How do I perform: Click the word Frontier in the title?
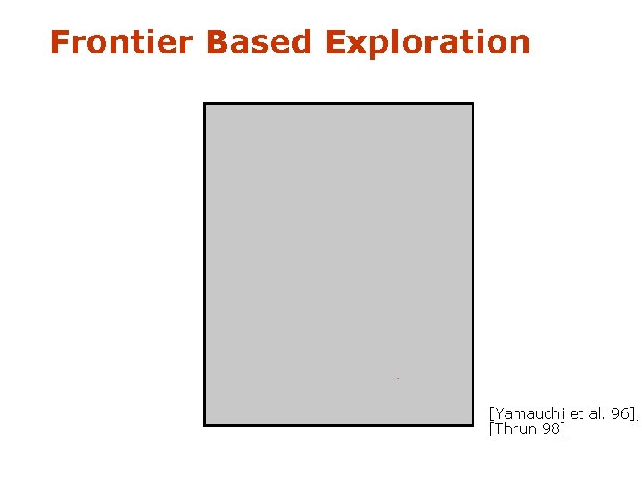coord(120,42)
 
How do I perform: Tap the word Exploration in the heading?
coord(427,42)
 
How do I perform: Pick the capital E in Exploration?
coord(334,42)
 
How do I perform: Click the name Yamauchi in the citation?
coord(526,413)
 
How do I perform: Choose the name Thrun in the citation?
coord(514,429)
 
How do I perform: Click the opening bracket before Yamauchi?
coord(491,414)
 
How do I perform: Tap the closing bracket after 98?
coord(563,430)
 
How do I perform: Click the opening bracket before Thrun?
coord(491,430)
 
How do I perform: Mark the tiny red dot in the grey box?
coord(398,379)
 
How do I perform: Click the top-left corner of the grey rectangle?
coord(205,104)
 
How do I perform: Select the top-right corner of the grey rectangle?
coord(473,104)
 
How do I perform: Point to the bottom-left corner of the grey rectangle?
coord(205,424)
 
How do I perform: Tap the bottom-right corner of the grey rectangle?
coord(473,424)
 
